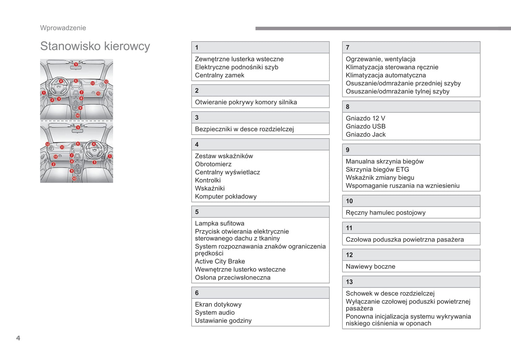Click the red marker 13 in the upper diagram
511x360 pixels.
98,94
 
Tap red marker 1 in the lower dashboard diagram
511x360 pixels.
110,156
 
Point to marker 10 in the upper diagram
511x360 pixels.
78,116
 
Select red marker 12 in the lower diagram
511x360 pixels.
47,144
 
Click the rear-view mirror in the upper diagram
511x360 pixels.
76,68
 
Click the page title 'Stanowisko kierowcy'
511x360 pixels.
95,46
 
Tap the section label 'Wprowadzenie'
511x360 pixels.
63,28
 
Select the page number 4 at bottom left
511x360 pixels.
18,338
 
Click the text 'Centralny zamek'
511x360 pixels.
219,75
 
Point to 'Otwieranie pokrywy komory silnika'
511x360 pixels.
246,102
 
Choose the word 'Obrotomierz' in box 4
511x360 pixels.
213,164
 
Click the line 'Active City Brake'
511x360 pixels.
220,261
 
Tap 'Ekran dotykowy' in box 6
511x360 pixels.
218,305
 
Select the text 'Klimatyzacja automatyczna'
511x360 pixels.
385,75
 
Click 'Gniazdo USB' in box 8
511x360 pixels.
365,126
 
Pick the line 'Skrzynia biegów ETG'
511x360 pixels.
377,170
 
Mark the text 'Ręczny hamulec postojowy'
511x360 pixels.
385,213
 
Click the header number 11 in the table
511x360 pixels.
349,228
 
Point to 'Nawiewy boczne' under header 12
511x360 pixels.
370,267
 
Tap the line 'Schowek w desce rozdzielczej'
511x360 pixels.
390,294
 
